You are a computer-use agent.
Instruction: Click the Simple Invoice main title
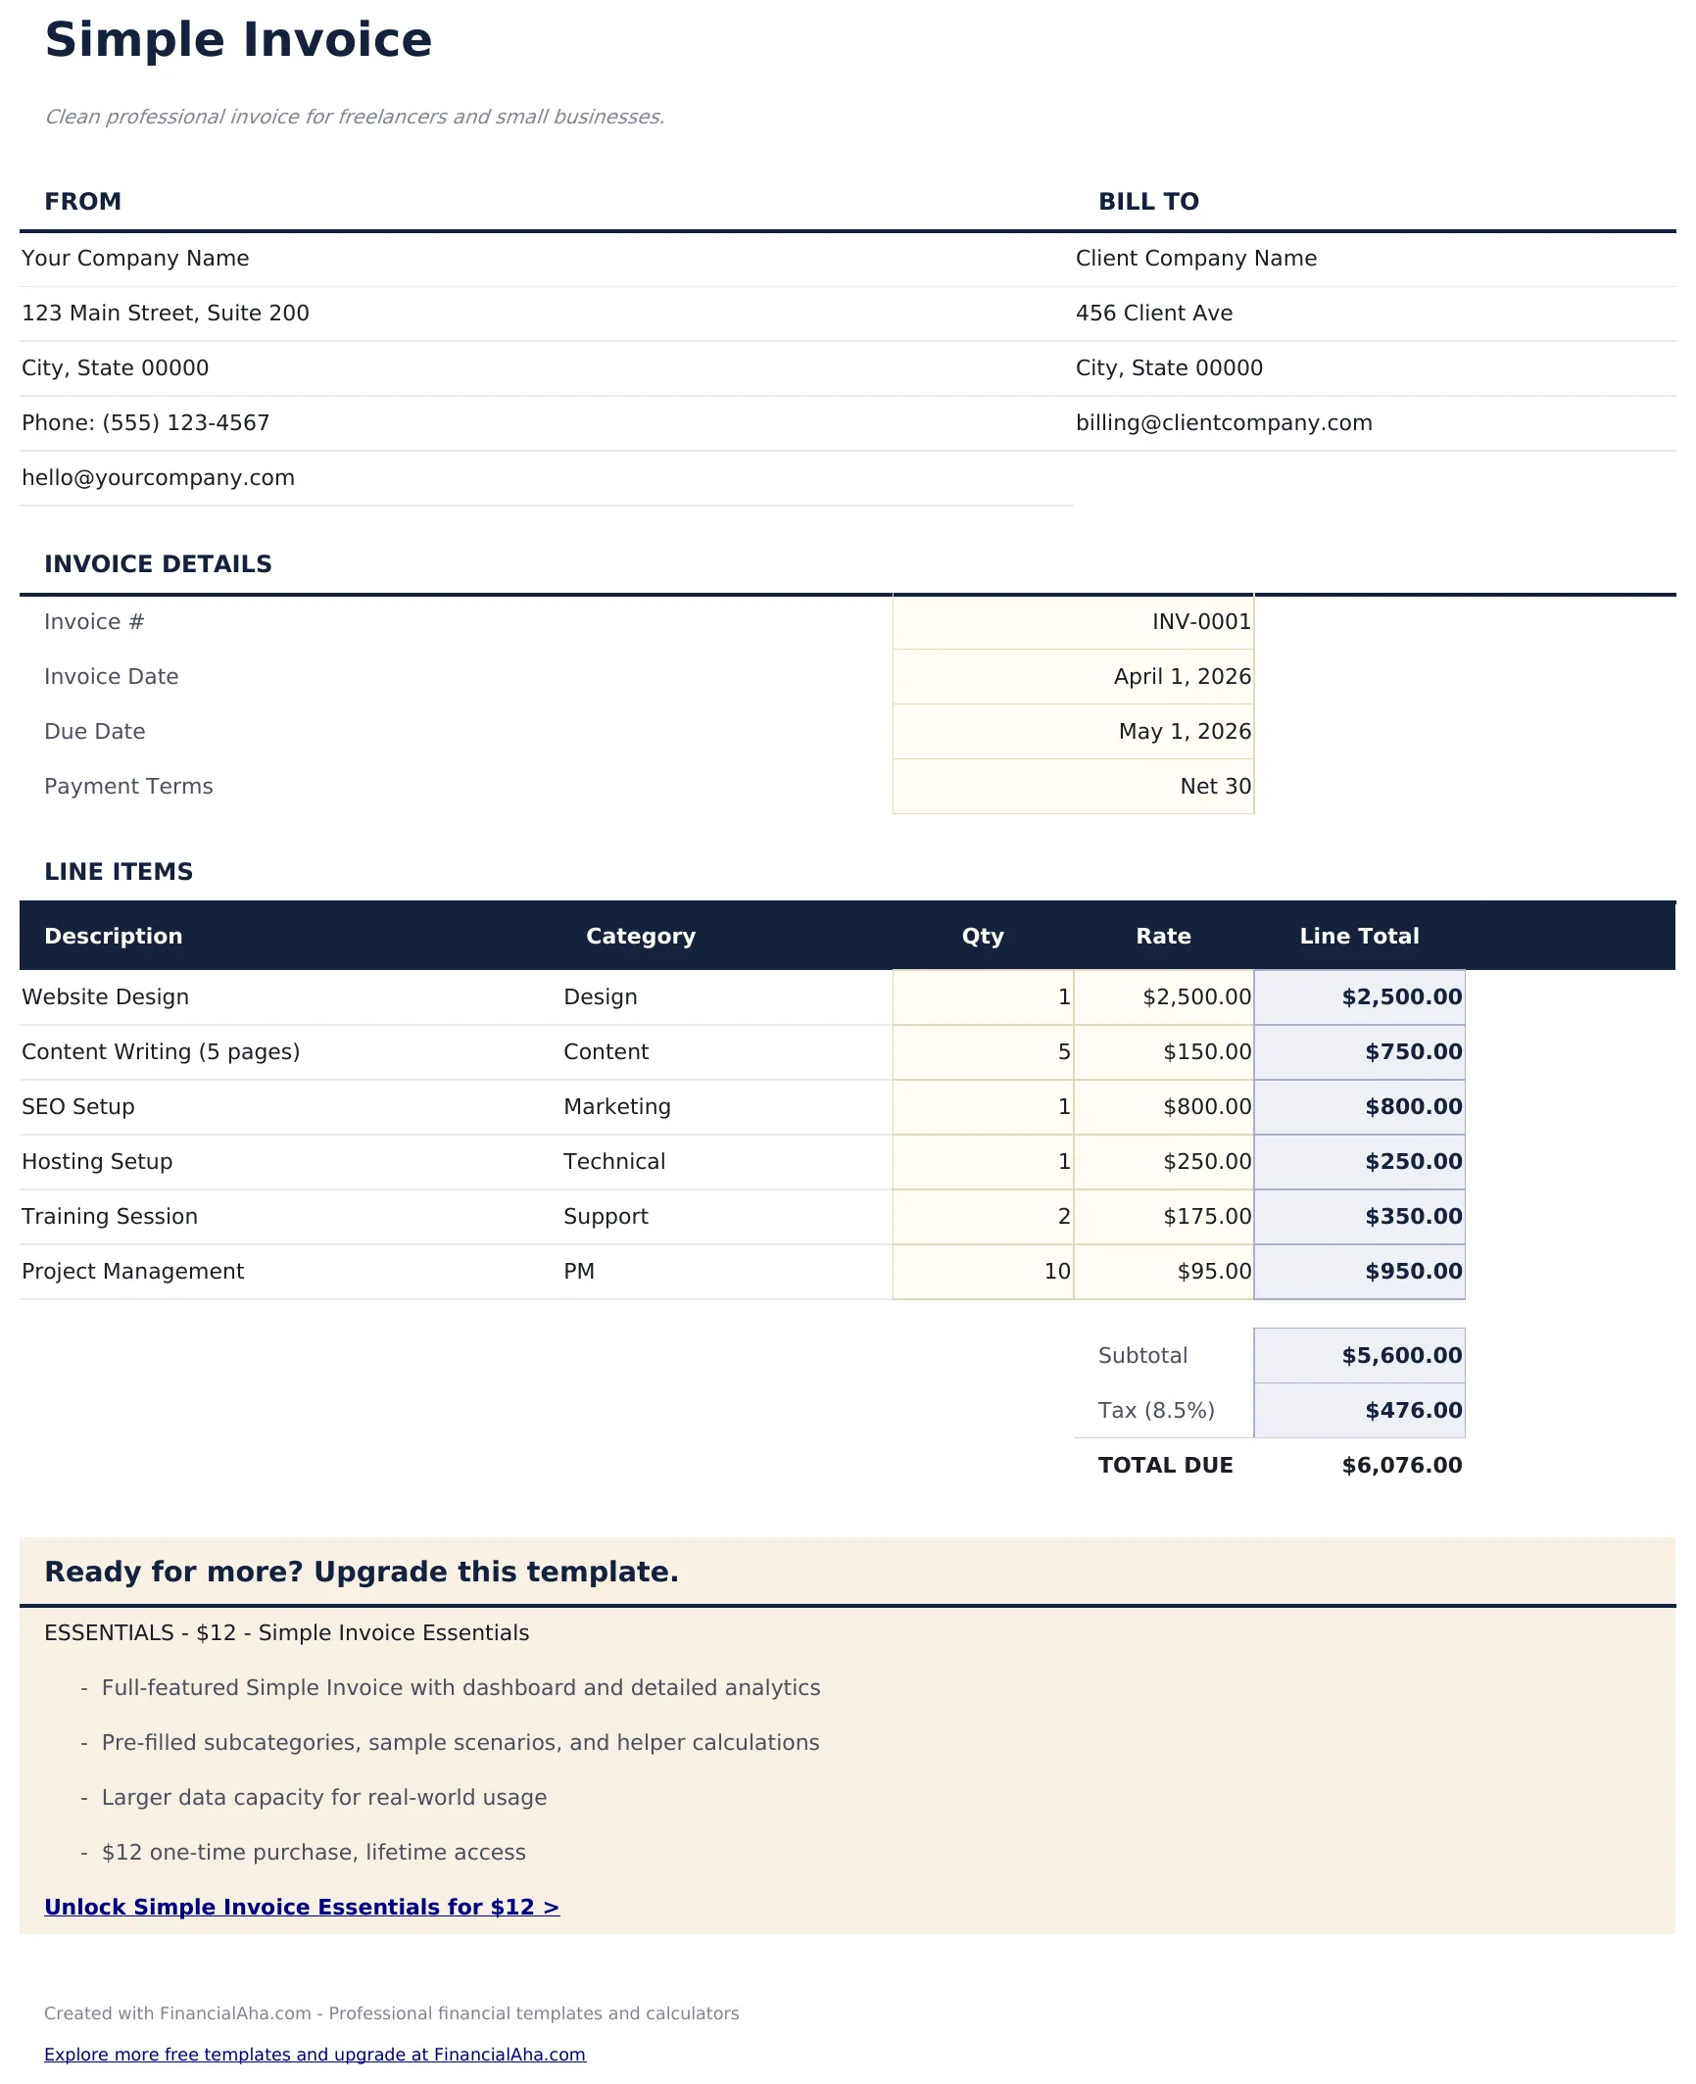pyautogui.click(x=238, y=41)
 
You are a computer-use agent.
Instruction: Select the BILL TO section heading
pyautogui.click(x=1148, y=202)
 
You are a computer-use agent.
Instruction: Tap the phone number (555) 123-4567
pyautogui.click(x=185, y=423)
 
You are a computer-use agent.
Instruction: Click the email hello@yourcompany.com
pyautogui.click(x=158, y=478)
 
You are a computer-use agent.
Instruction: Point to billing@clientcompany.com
pyautogui.click(x=1224, y=423)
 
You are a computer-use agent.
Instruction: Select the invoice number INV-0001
pyautogui.click(x=1201, y=622)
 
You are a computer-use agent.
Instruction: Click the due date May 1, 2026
pyautogui.click(x=1185, y=732)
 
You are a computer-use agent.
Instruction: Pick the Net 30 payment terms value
pyautogui.click(x=1215, y=787)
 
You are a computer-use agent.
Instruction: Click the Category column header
pyautogui.click(x=641, y=937)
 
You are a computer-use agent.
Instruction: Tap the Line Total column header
pyautogui.click(x=1359, y=937)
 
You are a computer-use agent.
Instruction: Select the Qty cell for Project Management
pyautogui.click(x=1056, y=1272)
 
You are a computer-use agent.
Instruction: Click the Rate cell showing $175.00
pyautogui.click(x=1207, y=1217)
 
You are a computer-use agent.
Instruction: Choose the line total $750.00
pyautogui.click(x=1413, y=1052)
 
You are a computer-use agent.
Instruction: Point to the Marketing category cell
pyautogui.click(x=617, y=1107)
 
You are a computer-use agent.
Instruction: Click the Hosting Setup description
pyautogui.click(x=97, y=1162)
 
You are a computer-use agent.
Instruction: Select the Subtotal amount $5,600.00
pyautogui.click(x=1401, y=1356)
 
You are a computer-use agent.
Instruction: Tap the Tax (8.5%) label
pyautogui.click(x=1156, y=1411)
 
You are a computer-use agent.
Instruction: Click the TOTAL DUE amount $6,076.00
pyautogui.click(x=1401, y=1466)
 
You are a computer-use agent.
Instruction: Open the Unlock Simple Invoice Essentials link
pyautogui.click(x=302, y=1908)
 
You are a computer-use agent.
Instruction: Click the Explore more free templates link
pyautogui.click(x=315, y=2055)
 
